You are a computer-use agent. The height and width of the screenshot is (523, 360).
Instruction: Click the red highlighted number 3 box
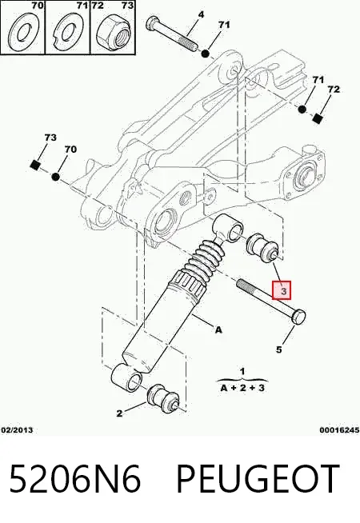click(x=282, y=289)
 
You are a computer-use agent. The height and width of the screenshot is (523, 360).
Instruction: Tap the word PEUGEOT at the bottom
click(x=258, y=478)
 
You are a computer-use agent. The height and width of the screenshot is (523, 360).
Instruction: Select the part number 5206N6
click(x=75, y=478)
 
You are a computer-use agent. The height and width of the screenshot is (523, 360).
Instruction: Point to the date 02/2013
click(x=18, y=430)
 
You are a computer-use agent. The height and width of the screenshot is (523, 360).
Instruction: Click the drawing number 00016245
click(x=339, y=430)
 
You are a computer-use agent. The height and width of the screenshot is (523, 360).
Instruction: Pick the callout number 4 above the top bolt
click(x=201, y=14)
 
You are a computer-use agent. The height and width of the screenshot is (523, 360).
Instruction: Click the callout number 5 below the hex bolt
click(x=279, y=349)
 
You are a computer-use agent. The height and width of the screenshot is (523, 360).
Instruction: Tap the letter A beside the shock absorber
click(x=218, y=330)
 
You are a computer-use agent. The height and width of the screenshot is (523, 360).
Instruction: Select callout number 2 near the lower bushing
click(x=119, y=413)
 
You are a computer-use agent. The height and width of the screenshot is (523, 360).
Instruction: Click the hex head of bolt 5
click(x=298, y=316)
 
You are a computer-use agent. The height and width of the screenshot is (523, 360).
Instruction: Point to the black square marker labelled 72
click(x=318, y=118)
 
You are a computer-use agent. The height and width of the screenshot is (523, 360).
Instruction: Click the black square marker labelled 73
click(x=35, y=165)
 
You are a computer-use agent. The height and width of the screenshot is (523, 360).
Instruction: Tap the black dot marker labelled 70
click(x=56, y=177)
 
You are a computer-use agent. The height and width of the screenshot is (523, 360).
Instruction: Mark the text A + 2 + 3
click(x=242, y=388)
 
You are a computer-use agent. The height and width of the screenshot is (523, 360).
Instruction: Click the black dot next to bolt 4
click(x=205, y=53)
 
